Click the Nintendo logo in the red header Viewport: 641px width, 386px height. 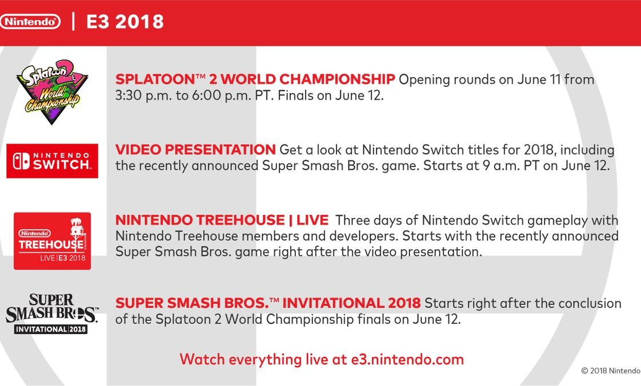click(x=30, y=22)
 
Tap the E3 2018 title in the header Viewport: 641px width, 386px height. click(x=125, y=22)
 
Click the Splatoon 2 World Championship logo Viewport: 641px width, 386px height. click(x=52, y=91)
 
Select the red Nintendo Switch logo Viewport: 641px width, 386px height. click(x=53, y=161)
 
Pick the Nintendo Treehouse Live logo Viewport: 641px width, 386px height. click(x=53, y=241)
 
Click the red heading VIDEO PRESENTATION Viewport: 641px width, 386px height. click(x=195, y=150)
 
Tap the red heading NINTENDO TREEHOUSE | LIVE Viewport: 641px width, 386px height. click(x=222, y=220)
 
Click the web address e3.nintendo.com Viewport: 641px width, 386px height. click(x=407, y=359)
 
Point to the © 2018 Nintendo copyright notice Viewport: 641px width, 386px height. click(x=611, y=371)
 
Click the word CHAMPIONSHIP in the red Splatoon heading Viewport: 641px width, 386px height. click(x=337, y=79)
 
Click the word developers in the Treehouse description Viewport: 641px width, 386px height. click(x=363, y=236)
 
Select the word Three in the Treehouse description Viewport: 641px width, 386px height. click(x=352, y=220)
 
